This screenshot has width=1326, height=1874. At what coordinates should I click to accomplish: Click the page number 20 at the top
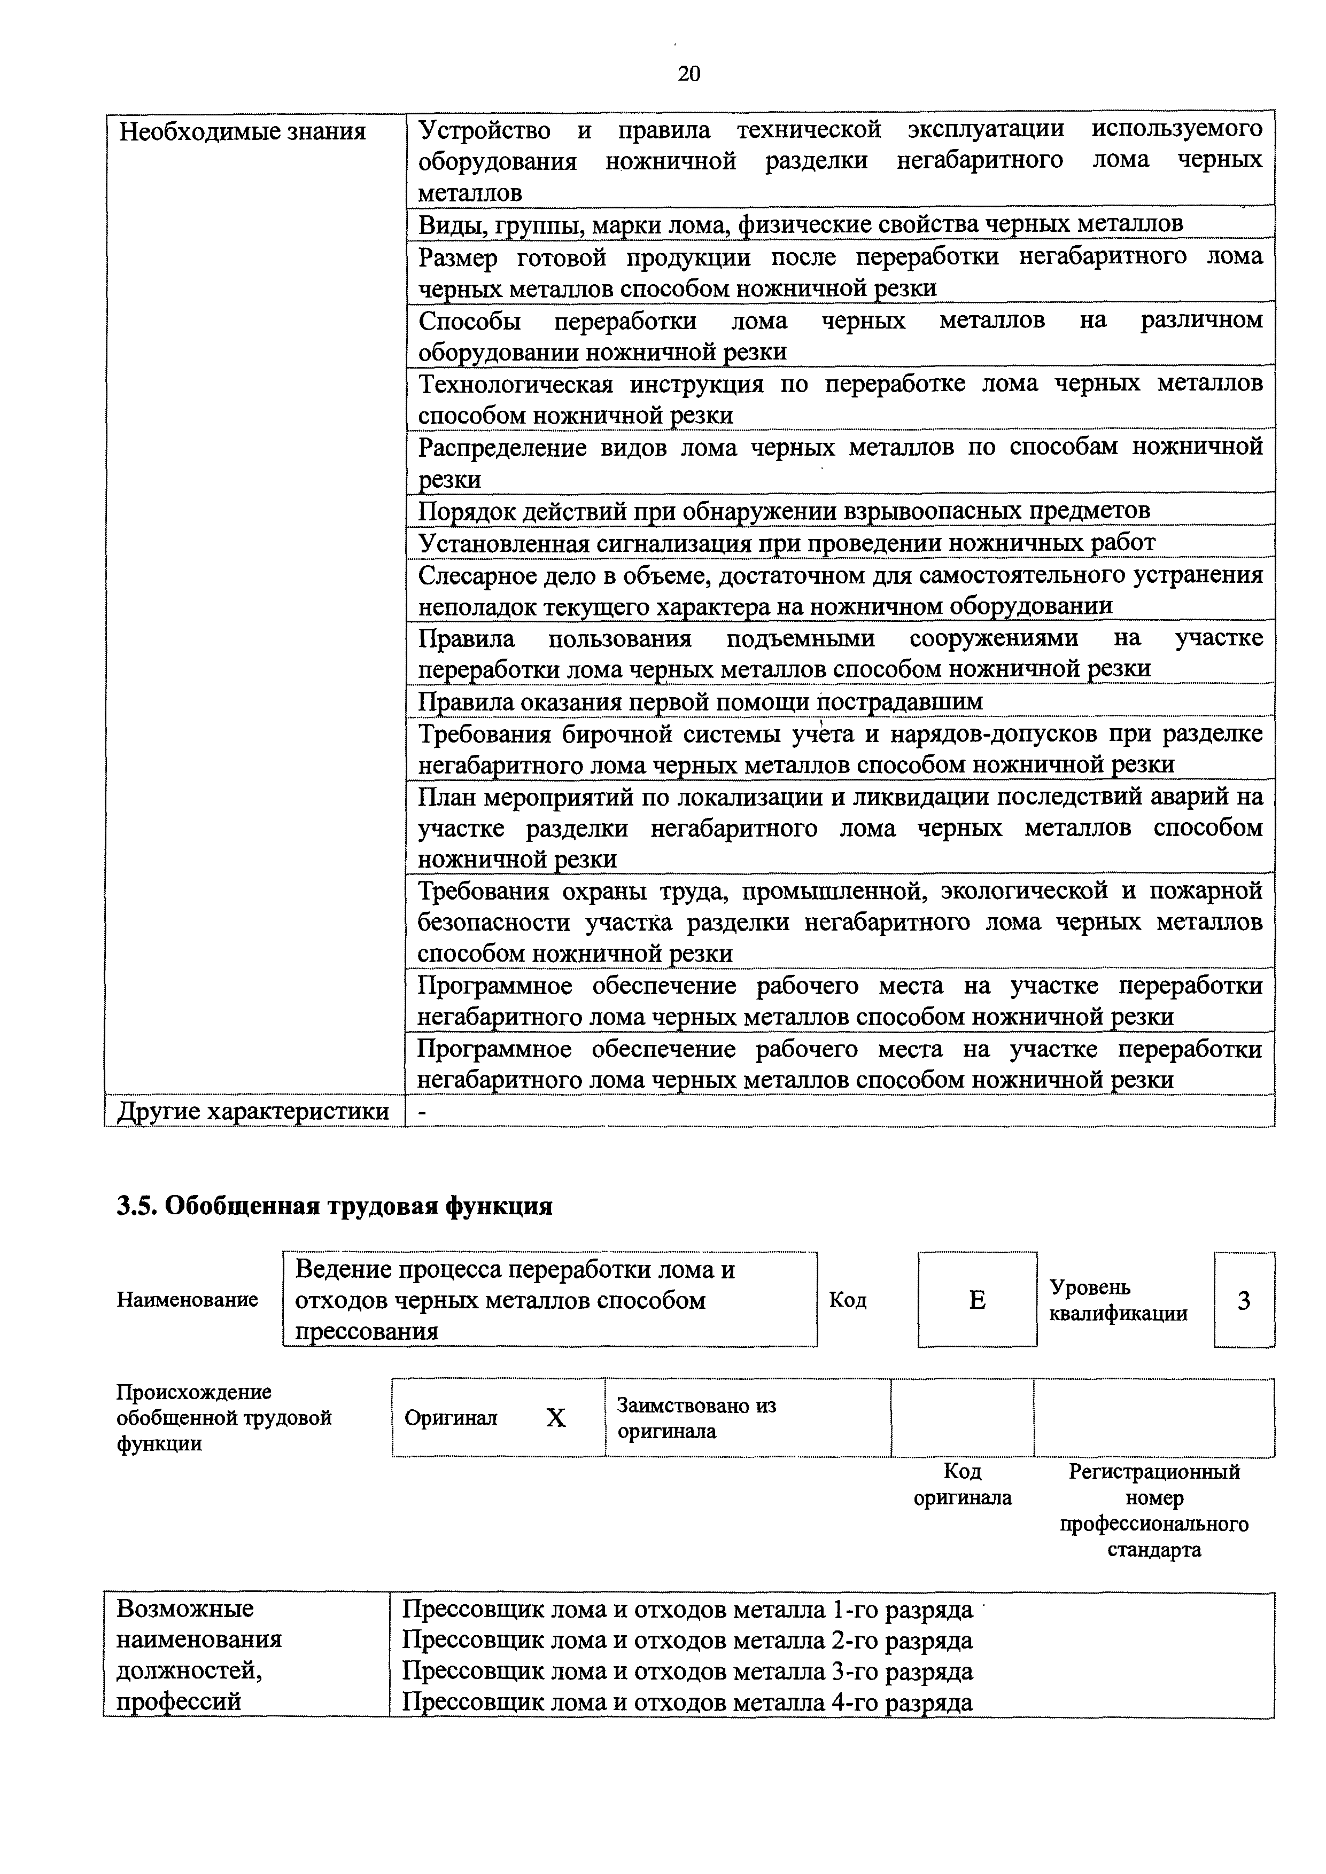[x=688, y=74]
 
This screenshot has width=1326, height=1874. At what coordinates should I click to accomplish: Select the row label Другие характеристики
[x=253, y=1112]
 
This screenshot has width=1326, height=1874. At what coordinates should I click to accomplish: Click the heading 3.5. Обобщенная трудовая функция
[x=334, y=1206]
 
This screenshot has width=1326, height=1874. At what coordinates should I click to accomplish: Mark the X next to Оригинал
[x=555, y=1418]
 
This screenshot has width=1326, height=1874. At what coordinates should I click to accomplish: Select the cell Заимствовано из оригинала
[x=696, y=1418]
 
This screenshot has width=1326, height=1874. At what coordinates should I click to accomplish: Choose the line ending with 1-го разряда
[x=687, y=1610]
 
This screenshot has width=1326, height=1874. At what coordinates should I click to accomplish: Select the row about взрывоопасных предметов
[x=784, y=511]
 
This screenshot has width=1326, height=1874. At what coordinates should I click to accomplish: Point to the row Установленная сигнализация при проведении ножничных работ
[x=786, y=543]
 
